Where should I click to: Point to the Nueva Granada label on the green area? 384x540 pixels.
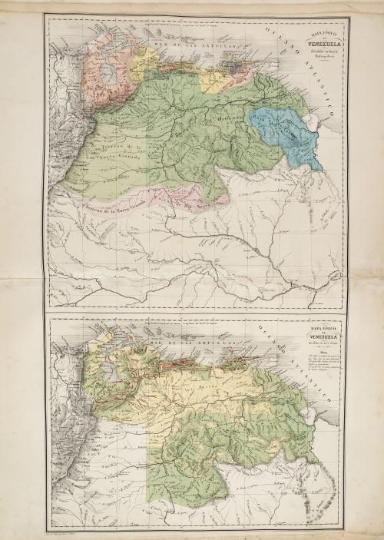(x=115, y=153)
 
